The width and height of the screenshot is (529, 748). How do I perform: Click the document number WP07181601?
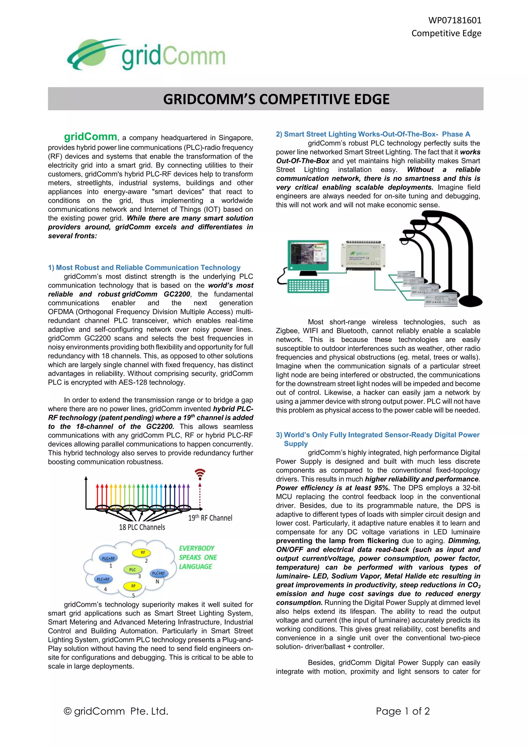pyautogui.click(x=454, y=20)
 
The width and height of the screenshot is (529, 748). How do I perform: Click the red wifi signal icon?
pyautogui.click(x=200, y=474)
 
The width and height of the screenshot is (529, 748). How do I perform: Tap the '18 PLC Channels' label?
pyautogui.click(x=142, y=527)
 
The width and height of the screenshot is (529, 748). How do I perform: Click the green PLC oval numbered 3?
pyautogui.click(x=133, y=570)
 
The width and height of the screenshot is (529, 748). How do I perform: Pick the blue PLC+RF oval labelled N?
pyautogui.click(x=159, y=573)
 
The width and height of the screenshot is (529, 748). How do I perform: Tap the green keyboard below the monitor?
pyautogui.click(x=308, y=286)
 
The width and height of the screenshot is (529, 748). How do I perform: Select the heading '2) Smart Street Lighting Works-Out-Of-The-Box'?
pyautogui.click(x=373, y=134)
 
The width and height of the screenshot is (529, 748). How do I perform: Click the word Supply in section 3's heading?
pyautogui.click(x=295, y=443)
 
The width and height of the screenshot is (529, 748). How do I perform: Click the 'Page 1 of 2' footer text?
pyautogui.click(x=403, y=711)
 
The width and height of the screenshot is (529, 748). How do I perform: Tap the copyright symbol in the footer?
pyautogui.click(x=67, y=711)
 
